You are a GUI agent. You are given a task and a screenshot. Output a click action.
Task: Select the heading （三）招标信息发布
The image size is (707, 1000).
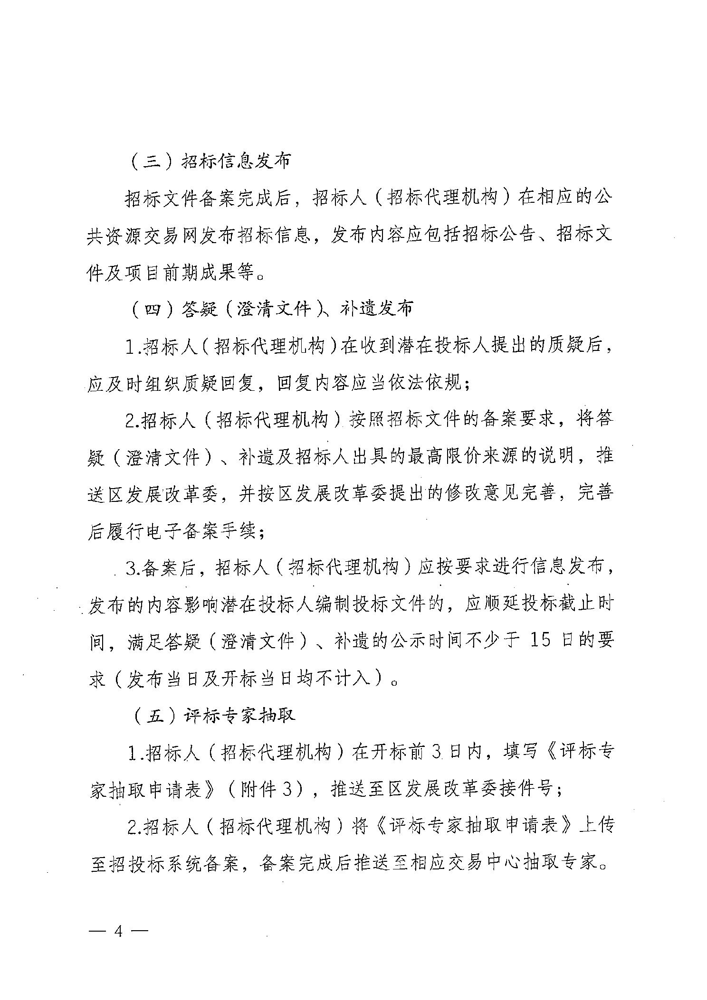(x=210, y=161)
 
